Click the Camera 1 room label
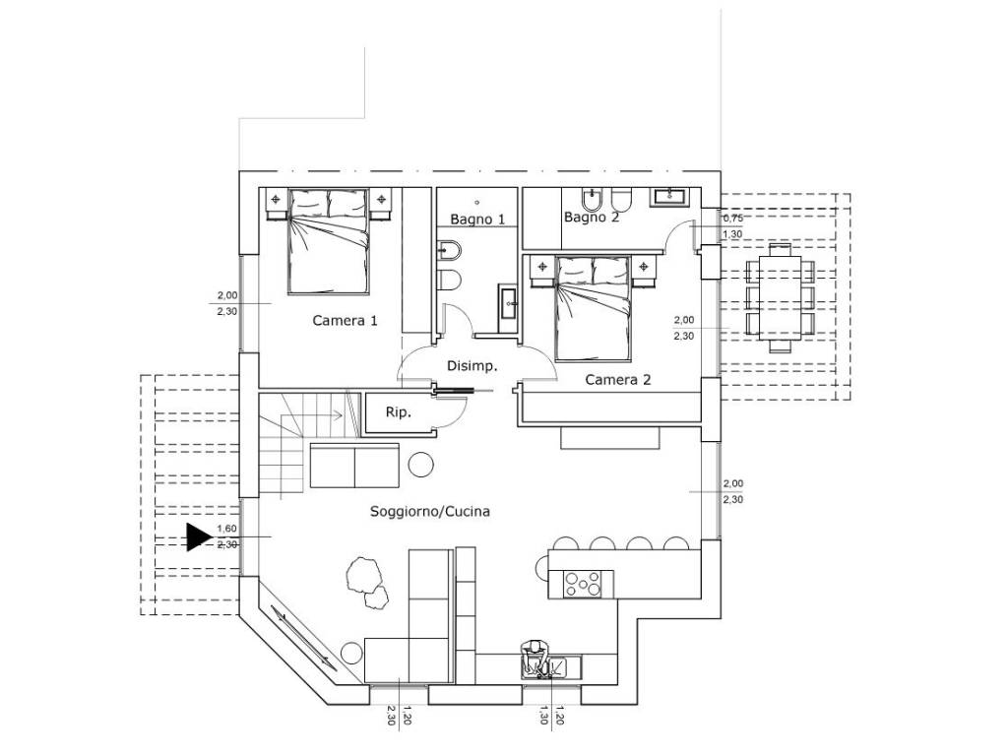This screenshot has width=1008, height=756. click(345, 320)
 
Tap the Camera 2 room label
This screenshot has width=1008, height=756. click(618, 380)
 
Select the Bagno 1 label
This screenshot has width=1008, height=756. click(477, 220)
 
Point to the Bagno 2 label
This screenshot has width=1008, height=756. click(592, 218)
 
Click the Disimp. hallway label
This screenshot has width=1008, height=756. click(472, 366)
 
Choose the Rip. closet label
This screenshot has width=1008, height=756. click(398, 412)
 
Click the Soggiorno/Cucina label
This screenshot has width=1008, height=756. click(430, 512)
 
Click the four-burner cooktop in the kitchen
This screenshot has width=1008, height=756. click(583, 585)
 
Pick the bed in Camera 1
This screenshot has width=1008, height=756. click(329, 242)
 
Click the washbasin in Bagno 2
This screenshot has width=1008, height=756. click(669, 196)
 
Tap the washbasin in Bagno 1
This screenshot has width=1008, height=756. click(509, 308)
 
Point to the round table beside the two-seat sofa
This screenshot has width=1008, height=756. click(421, 465)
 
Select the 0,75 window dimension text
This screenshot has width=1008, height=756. click(732, 219)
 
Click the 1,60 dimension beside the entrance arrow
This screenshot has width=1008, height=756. click(227, 529)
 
